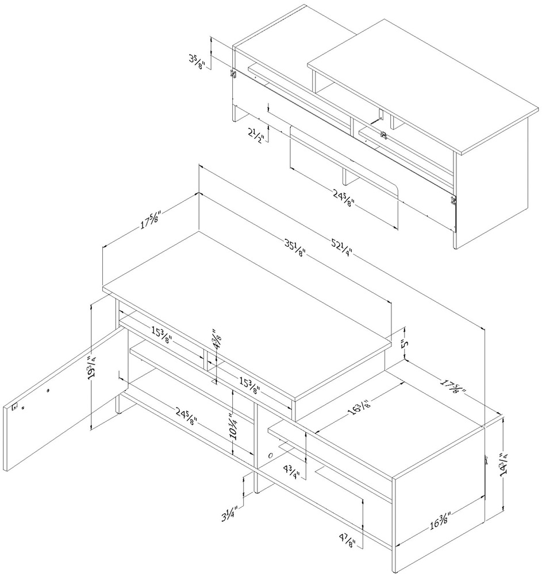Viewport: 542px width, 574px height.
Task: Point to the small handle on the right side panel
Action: [486, 459]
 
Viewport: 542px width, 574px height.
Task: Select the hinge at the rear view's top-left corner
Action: [233, 73]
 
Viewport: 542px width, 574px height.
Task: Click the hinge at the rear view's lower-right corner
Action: [453, 200]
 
